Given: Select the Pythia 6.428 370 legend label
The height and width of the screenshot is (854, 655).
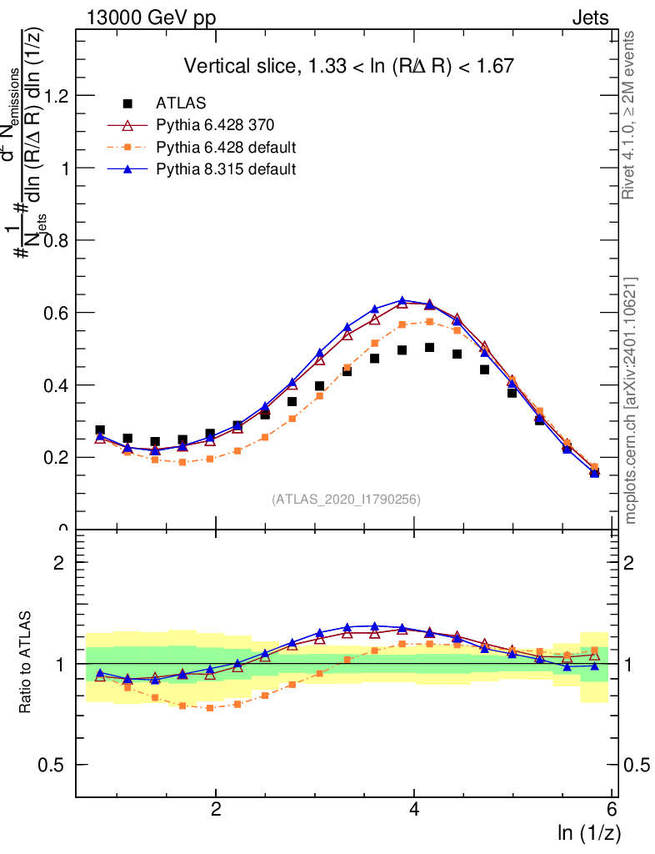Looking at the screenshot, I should pyautogui.click(x=215, y=125).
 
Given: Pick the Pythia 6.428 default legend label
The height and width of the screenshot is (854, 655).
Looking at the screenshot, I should pyautogui.click(x=226, y=148).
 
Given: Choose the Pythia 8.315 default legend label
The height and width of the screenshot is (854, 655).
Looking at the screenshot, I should pyautogui.click(x=226, y=169).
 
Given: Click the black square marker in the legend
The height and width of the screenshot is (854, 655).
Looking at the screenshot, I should pyautogui.click(x=127, y=103).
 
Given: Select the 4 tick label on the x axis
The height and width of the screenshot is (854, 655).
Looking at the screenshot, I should pyautogui.click(x=414, y=810).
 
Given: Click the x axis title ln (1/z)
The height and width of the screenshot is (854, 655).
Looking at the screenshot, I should pyautogui.click(x=589, y=831).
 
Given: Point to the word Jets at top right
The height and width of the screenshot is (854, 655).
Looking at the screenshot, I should pyautogui.click(x=590, y=18).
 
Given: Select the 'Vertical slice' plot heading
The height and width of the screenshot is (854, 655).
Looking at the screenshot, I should pyautogui.click(x=348, y=65).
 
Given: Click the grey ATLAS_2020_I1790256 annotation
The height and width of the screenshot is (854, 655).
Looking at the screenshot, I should pyautogui.click(x=346, y=500).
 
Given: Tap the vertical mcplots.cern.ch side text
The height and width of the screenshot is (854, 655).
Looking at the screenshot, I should pyautogui.click(x=632, y=400).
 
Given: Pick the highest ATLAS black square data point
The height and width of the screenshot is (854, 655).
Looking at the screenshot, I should pyautogui.click(x=429, y=347).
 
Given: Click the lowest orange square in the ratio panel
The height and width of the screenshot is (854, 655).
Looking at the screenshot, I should pyautogui.click(x=209, y=707).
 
